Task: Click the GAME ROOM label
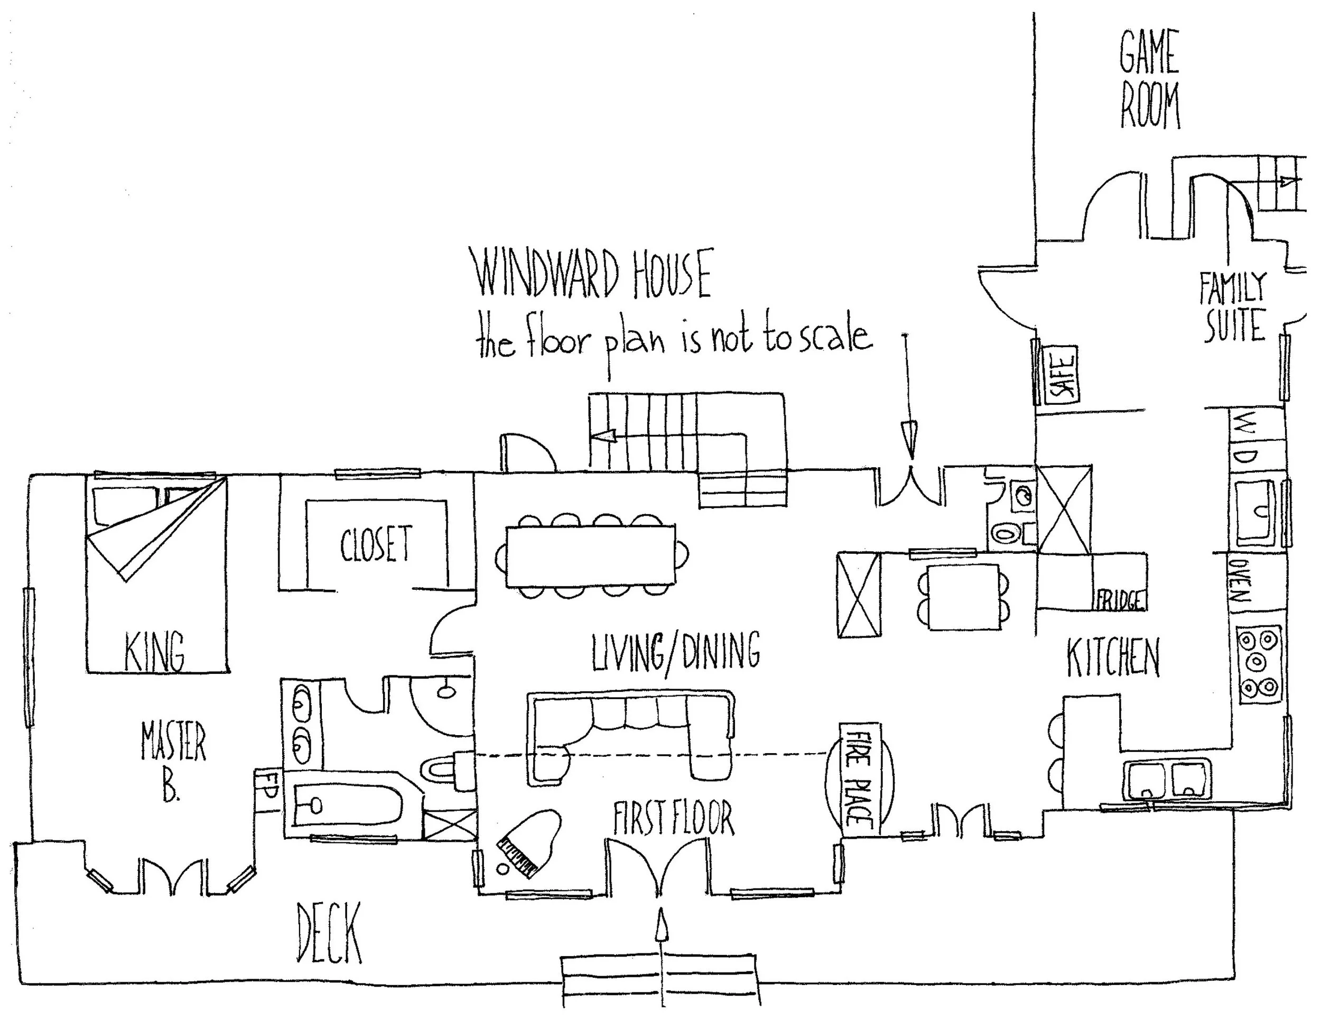tap(1149, 79)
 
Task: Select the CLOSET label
tap(376, 544)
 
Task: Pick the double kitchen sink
tap(1167, 780)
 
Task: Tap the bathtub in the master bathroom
tap(348, 804)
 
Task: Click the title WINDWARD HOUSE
tap(593, 275)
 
